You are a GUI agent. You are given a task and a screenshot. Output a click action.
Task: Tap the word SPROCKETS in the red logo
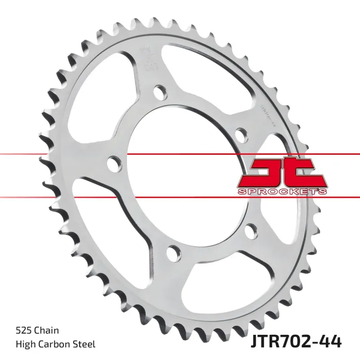pos(281,192)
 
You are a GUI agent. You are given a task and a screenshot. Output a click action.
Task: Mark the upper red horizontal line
pos(180,154)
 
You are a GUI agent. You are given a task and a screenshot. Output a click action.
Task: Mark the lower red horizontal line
pos(180,197)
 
